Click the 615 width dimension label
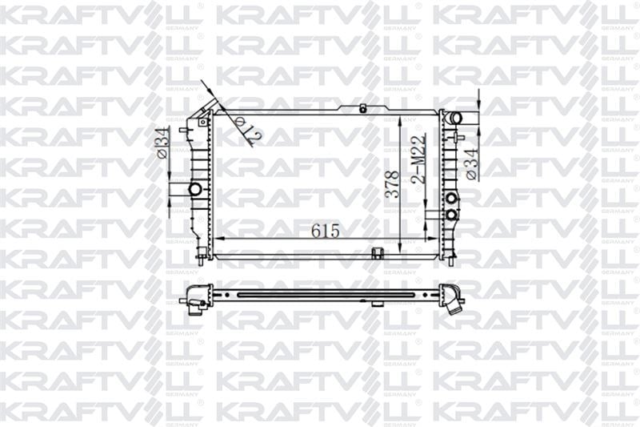point(326,231)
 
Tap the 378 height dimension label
point(393,184)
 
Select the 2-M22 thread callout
point(419,159)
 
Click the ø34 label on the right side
point(471,163)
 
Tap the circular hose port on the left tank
point(195,189)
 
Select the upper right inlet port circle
point(455,118)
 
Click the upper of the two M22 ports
point(451,198)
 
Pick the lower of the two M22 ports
point(451,215)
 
